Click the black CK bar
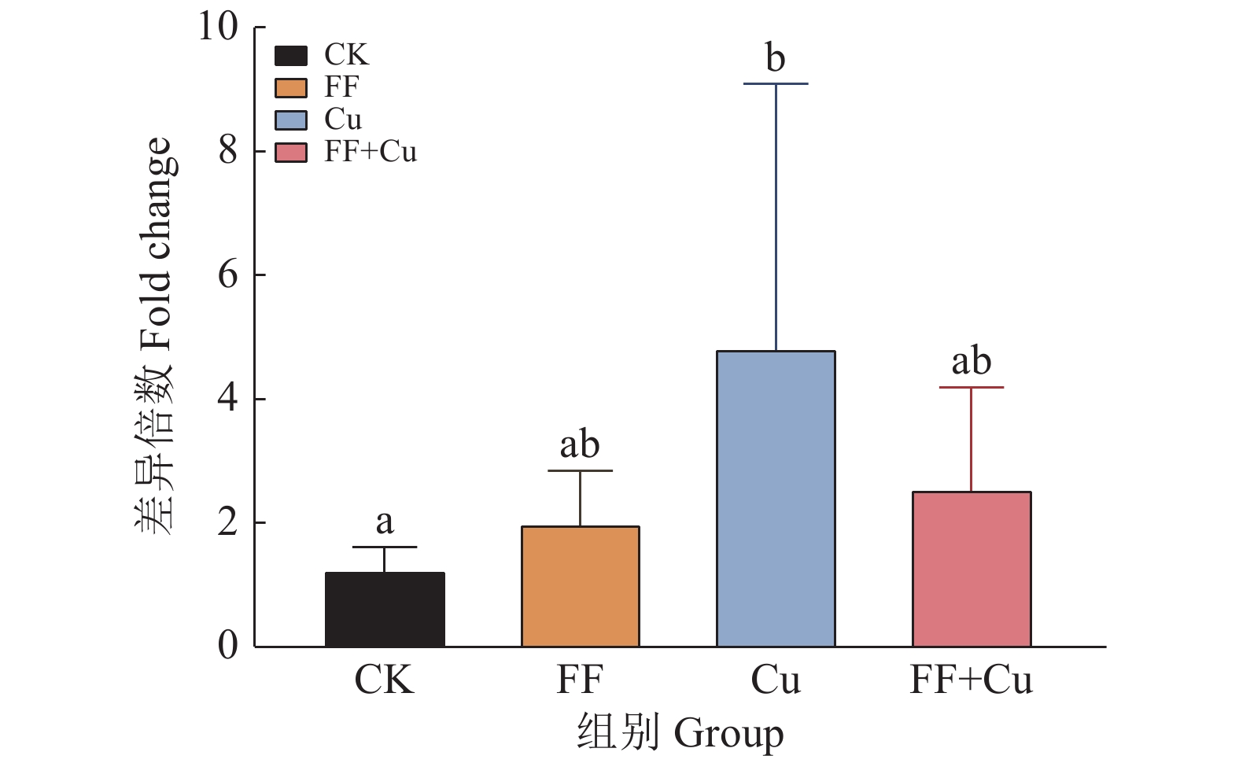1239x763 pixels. click(385, 610)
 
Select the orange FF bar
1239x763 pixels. click(580, 587)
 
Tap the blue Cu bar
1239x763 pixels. click(776, 499)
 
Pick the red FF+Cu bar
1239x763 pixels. click(972, 569)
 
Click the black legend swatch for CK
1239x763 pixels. click(291, 56)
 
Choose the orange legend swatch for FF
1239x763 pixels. click(291, 87)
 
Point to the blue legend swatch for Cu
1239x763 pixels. click(291, 120)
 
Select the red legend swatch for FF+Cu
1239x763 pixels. click(291, 152)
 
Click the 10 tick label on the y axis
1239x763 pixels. click(217, 27)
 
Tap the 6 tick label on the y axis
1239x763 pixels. click(227, 275)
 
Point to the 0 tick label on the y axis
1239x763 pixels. click(227, 647)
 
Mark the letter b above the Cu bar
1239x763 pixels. click(776, 58)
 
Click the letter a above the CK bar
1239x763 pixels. click(385, 521)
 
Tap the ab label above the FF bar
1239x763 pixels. click(580, 445)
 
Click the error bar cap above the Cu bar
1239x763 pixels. click(776, 83)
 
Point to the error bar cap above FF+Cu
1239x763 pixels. click(972, 388)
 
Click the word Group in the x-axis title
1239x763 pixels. click(728, 735)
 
